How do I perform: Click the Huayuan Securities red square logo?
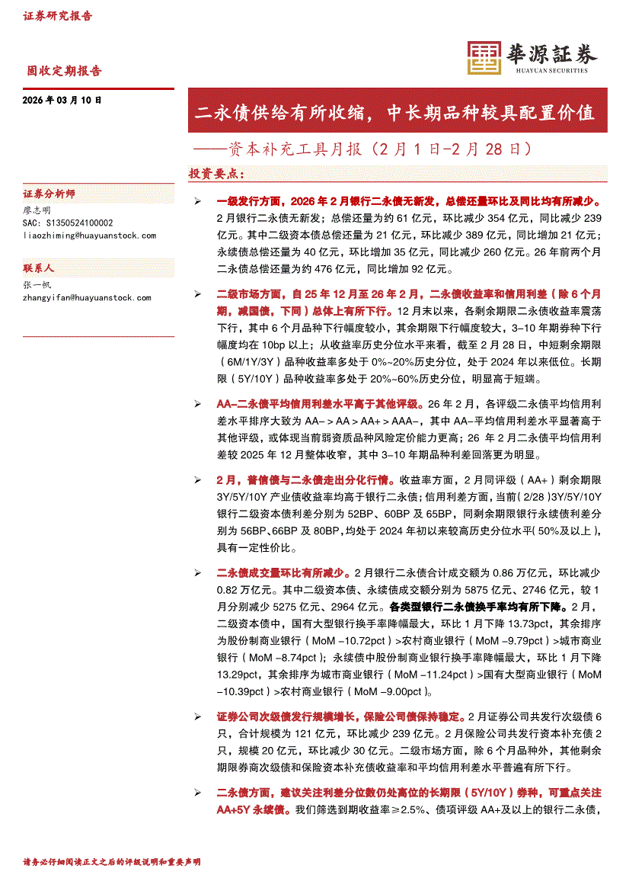click(482, 56)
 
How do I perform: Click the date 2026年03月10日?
click(62, 101)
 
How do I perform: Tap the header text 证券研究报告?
click(57, 16)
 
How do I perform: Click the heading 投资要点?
click(216, 174)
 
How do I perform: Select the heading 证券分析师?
click(49, 194)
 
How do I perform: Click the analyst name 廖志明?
click(37, 210)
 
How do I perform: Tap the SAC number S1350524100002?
click(68, 223)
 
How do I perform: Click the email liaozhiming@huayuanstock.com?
click(89, 236)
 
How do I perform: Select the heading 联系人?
click(39, 269)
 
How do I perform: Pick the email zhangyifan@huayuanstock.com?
click(89, 297)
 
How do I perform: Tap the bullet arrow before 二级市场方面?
click(197, 293)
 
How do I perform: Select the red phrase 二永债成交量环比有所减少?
click(283, 572)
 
